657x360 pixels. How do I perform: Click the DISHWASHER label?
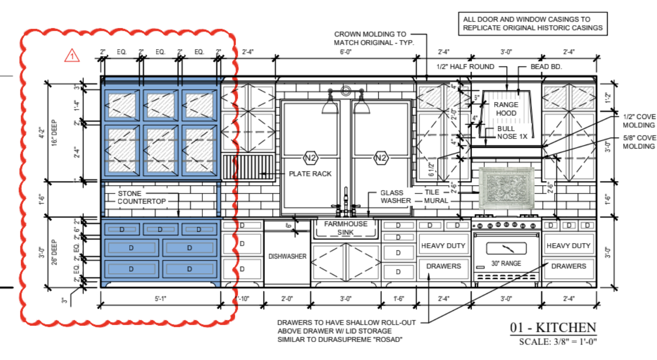click(288, 256)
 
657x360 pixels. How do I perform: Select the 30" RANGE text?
click(506, 263)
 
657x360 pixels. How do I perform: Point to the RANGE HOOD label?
click(506, 109)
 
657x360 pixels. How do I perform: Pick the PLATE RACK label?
click(310, 174)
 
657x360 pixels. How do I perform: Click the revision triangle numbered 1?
click(72, 55)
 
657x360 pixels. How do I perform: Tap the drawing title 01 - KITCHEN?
click(553, 328)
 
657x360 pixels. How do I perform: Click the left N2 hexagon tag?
click(310, 157)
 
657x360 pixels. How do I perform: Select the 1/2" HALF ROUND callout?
click(465, 67)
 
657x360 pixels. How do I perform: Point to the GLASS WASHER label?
click(395, 196)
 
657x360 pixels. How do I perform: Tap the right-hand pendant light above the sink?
click(362, 106)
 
